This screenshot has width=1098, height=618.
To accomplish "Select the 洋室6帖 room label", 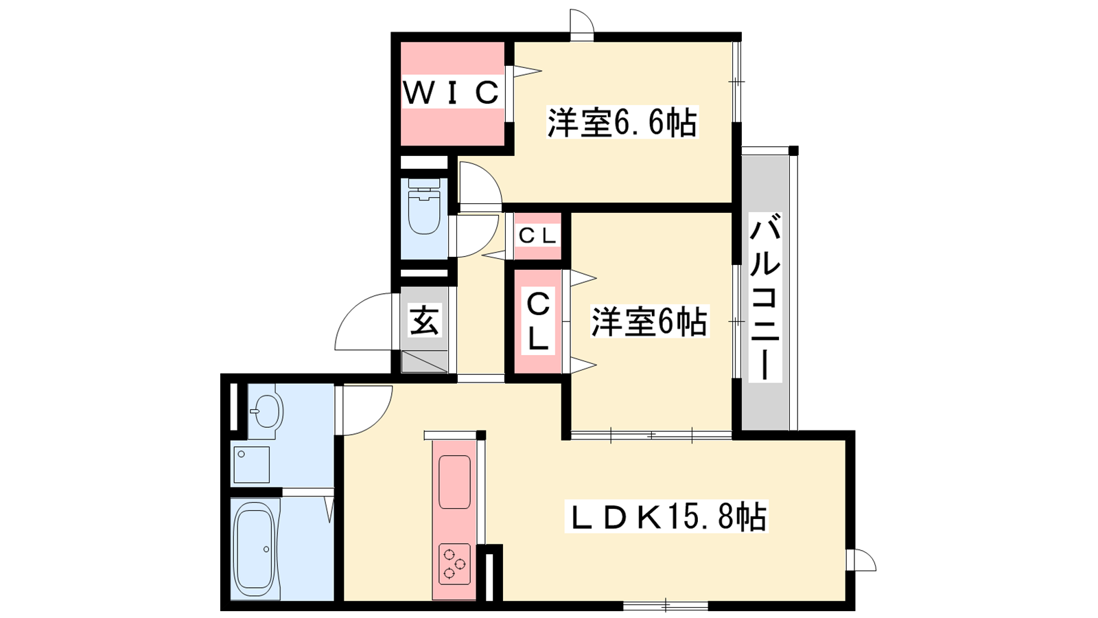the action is tap(649, 321).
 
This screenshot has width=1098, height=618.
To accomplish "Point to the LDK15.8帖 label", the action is tap(666, 516).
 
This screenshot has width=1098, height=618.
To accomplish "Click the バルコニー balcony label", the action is tap(766, 300).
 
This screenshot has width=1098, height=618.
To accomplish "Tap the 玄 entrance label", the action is tap(425, 320).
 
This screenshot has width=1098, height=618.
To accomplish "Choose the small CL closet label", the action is tap(537, 236).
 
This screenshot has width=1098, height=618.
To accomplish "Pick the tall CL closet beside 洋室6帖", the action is tap(538, 321).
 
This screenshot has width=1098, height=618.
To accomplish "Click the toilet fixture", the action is tap(424, 206).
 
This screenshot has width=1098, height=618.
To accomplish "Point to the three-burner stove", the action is tap(454, 564).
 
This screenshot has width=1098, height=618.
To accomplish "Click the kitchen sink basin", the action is tap(454, 481).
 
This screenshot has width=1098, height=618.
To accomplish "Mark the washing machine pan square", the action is tap(251, 464).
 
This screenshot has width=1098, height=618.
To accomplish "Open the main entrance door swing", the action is tap(365, 322).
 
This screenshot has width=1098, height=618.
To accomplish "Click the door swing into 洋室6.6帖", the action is tap(480, 185).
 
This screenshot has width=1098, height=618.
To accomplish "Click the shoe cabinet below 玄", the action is tap(425, 362).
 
